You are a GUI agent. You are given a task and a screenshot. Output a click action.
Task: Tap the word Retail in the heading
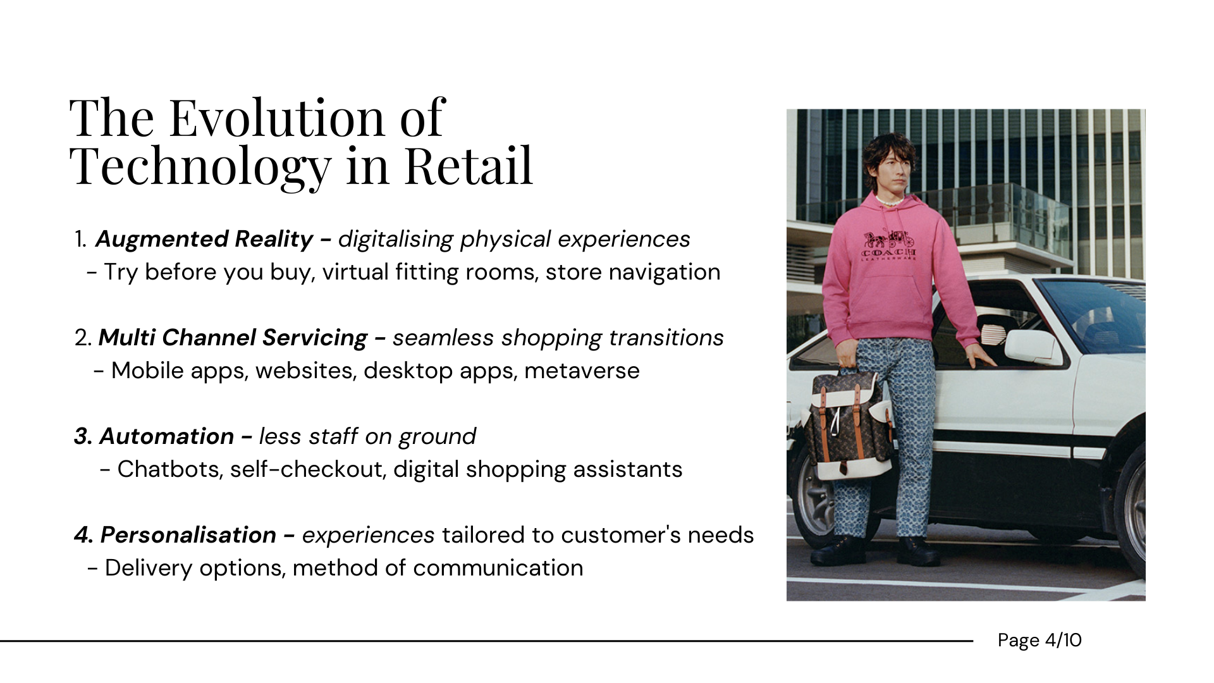point(469,166)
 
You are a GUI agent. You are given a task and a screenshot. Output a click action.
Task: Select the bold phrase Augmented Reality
point(204,239)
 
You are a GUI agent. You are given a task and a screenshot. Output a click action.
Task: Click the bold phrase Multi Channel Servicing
point(233,338)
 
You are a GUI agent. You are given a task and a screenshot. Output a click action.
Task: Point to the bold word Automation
point(166,436)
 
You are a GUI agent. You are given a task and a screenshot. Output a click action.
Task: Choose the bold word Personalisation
point(188,535)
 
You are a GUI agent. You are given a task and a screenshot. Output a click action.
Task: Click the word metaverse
point(582,371)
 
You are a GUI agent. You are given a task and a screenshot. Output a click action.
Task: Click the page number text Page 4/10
point(1039,641)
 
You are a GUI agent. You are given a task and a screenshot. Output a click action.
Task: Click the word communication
point(498,568)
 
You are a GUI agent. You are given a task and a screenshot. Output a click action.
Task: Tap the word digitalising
point(395,240)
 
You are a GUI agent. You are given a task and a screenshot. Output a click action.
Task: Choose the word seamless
point(443,338)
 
